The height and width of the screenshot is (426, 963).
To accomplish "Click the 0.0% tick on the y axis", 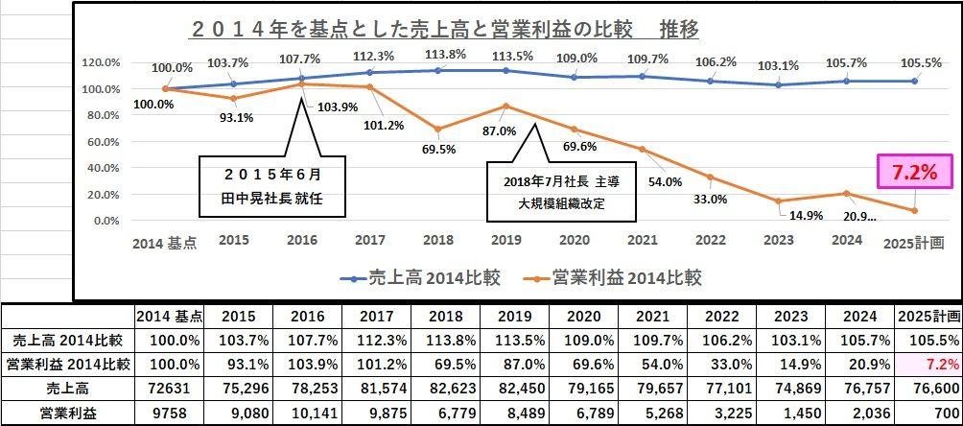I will (x=105, y=221).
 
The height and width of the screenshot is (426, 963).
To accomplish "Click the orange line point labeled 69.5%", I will (x=438, y=129).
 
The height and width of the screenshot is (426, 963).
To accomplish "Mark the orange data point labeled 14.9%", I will (x=780, y=201).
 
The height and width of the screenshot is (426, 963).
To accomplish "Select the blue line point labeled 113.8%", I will (x=438, y=70).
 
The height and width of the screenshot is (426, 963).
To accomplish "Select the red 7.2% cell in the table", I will (x=928, y=365).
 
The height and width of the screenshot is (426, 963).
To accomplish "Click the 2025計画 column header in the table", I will (x=928, y=316).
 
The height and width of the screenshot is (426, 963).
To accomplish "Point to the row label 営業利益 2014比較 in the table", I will (x=66, y=365).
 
